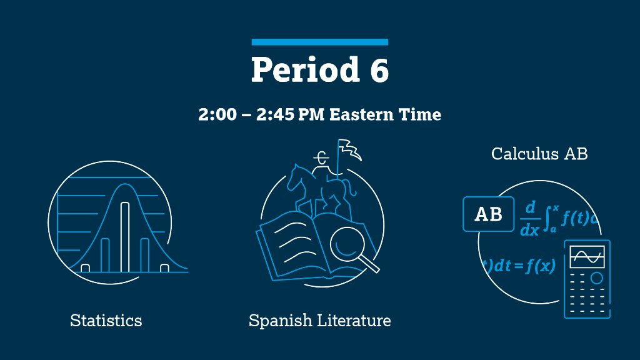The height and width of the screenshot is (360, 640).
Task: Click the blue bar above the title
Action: point(319,42)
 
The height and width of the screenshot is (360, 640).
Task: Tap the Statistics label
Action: point(106,321)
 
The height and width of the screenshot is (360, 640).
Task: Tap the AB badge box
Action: point(489,214)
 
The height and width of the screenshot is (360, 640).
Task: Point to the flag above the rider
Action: point(349,149)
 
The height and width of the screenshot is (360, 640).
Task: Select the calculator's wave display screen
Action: point(587,256)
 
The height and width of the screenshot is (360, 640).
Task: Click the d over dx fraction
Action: point(529,218)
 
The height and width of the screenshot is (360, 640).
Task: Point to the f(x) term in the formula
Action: point(541,265)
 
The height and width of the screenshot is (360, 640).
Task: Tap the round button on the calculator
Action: point(597,277)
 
